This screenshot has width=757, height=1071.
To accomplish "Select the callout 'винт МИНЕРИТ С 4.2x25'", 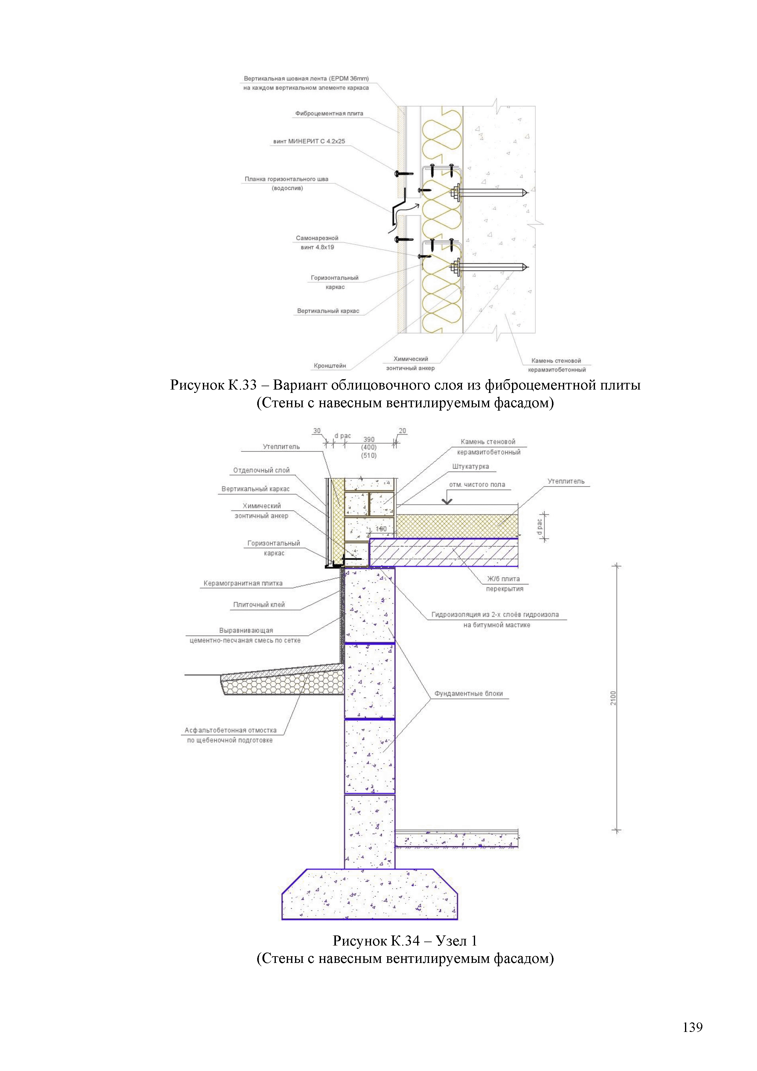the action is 309,141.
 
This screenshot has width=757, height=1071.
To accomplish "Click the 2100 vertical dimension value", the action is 613,698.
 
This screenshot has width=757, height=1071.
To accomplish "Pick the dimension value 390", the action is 369,439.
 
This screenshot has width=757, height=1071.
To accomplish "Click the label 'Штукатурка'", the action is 470,467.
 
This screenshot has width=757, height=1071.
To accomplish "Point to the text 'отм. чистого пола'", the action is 477,485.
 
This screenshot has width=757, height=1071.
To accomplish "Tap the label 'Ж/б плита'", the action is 503,579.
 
